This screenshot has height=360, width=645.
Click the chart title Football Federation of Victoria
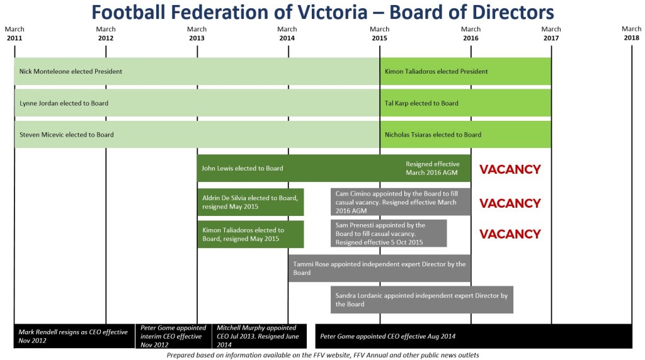pyautogui.click(x=322, y=12)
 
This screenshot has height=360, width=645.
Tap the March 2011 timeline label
pyautogui.click(x=14, y=34)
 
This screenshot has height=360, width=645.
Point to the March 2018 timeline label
pyautogui.click(x=631, y=34)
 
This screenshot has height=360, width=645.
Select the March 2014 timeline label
pyautogui.click(x=287, y=34)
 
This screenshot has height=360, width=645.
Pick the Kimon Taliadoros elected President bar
pyautogui.click(x=465, y=72)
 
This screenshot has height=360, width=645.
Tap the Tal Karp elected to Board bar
pyautogui.click(x=465, y=103)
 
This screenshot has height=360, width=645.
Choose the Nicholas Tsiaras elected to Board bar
pyautogui.click(x=465, y=135)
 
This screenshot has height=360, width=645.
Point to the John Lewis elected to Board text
pyautogui.click(x=243, y=169)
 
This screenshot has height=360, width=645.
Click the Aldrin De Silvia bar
pyautogui.click(x=251, y=202)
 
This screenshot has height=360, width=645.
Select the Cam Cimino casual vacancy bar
pyautogui.click(x=401, y=202)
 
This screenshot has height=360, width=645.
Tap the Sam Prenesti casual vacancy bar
pyautogui.click(x=389, y=233)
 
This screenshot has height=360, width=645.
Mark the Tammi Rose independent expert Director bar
pyautogui.click(x=380, y=269)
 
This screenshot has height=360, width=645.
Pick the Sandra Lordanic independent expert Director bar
pyautogui.click(x=421, y=300)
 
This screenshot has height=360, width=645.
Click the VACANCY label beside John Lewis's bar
pyautogui.click(x=510, y=169)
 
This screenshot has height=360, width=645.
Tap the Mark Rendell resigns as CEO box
pyautogui.click(x=74, y=336)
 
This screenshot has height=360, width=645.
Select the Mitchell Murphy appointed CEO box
pyautogui.click(x=260, y=336)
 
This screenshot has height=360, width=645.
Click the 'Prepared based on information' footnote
pyautogui.click(x=322, y=355)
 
